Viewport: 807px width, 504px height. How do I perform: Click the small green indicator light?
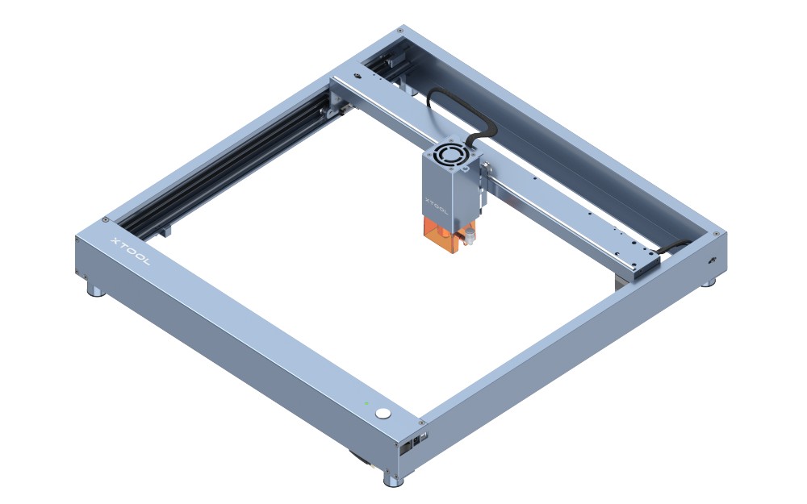[x=366, y=402]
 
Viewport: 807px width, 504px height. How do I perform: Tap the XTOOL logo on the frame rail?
[x=131, y=252]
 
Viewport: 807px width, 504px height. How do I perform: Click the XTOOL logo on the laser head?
[x=437, y=205]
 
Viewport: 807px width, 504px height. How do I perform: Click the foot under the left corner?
[x=96, y=292]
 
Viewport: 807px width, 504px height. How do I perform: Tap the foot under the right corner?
[x=709, y=281]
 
